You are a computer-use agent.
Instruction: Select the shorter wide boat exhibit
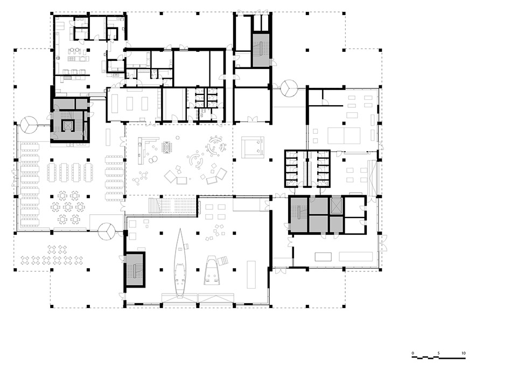(214, 270)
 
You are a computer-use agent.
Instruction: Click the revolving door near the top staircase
(289, 87)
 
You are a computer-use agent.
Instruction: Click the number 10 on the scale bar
(464, 353)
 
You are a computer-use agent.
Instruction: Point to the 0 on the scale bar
(413, 353)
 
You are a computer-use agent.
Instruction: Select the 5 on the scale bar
(438, 353)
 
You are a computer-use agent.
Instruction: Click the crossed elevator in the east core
(337, 206)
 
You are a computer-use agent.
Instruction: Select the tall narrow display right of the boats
(251, 274)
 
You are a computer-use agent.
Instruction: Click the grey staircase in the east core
(299, 215)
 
